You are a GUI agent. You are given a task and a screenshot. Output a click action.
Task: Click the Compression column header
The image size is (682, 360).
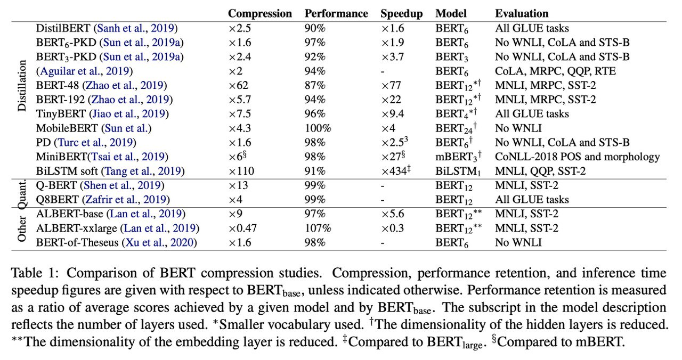click(x=259, y=13)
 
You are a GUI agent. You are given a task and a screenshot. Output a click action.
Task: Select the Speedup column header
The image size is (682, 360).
click(x=401, y=14)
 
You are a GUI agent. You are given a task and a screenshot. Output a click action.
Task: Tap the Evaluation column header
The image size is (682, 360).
click(x=522, y=13)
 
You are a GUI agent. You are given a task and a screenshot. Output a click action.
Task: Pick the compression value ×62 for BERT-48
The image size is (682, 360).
click(x=238, y=85)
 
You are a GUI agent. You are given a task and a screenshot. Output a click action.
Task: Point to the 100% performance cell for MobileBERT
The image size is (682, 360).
click(x=318, y=128)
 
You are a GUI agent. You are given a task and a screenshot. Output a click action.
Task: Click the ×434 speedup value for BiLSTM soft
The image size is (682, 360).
click(x=396, y=170)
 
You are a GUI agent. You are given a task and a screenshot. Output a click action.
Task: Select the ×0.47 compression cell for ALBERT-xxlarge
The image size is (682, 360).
click(x=242, y=228)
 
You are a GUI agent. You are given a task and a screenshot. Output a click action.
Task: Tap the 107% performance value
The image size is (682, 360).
click(x=318, y=228)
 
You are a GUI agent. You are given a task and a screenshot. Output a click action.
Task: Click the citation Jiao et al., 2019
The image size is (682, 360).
click(x=129, y=114)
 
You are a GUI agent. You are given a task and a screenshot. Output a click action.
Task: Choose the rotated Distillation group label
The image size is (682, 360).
click(x=22, y=86)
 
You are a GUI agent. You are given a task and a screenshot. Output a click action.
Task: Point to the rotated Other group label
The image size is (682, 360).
click(x=22, y=229)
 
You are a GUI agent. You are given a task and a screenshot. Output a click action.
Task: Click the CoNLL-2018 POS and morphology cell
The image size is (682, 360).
click(x=577, y=157)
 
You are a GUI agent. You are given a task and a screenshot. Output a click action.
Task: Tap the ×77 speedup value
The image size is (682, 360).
click(x=391, y=85)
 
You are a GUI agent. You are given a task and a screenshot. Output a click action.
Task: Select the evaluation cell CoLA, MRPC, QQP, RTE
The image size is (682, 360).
click(x=555, y=71)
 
